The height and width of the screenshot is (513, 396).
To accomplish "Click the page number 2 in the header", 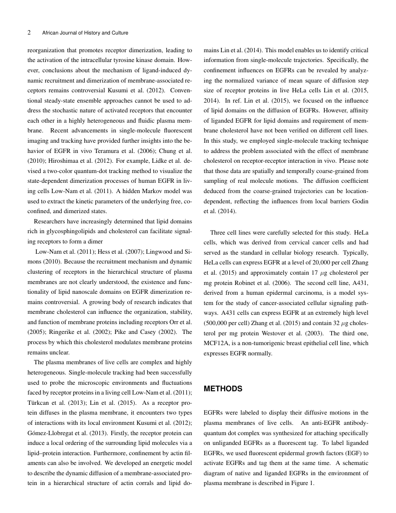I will (x=29, y=33).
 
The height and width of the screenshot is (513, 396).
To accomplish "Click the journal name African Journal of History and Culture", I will (x=85, y=33).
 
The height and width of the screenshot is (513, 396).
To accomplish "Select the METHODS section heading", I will (x=223, y=388).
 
